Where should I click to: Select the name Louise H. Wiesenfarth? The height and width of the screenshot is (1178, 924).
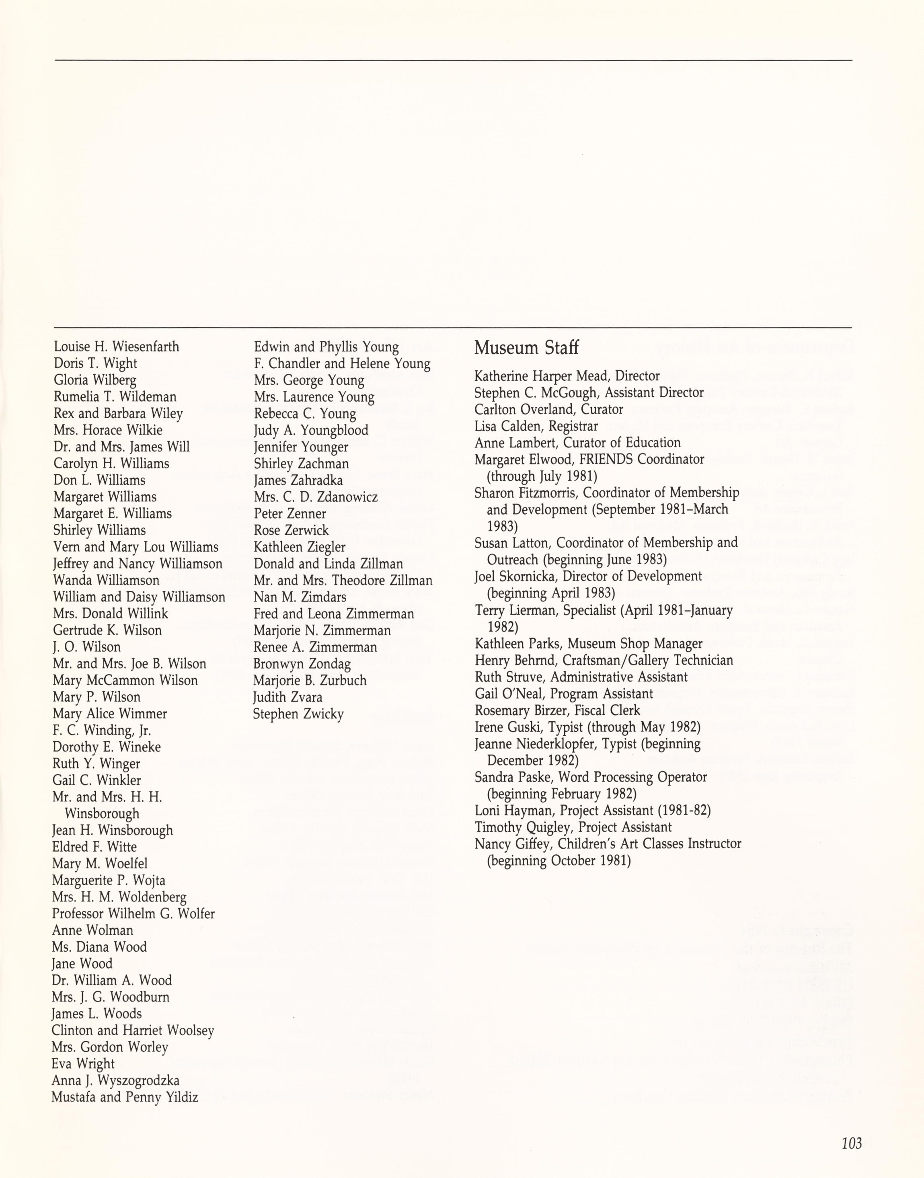[116, 347]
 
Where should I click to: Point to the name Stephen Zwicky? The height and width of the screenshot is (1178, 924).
[298, 714]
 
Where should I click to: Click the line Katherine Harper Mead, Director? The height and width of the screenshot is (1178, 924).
[567, 376]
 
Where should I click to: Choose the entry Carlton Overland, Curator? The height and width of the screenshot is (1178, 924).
[548, 409]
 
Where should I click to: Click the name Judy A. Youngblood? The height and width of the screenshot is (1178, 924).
[311, 431]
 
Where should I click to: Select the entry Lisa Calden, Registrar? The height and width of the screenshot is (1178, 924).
[536, 426]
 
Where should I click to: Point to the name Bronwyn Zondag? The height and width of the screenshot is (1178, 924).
[302, 664]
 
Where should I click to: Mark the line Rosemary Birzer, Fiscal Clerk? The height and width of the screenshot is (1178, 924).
[557, 710]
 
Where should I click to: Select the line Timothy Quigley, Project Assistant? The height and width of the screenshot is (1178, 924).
[573, 827]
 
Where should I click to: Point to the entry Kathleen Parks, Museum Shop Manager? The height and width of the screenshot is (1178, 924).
[588, 644]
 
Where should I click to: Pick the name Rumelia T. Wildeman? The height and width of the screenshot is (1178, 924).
[115, 397]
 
